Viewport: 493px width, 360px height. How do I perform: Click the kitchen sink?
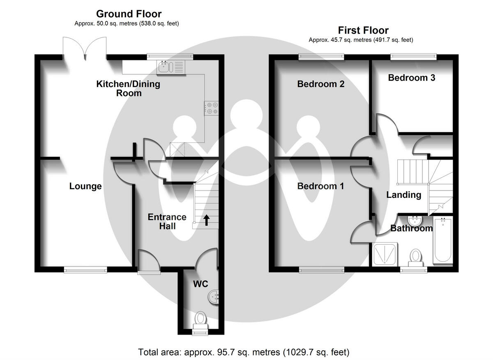pos(171,67)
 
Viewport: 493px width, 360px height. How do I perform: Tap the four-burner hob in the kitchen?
pos(211,108)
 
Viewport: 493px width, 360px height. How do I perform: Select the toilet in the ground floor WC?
pos(200,321)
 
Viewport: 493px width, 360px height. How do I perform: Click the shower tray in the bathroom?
pos(385,254)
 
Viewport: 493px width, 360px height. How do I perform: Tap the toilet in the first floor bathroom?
pos(415,258)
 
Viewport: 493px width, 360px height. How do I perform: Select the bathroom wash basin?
pos(415,220)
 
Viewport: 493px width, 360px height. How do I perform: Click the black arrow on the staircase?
pos(206,220)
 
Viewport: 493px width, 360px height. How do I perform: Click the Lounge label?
pos(85,186)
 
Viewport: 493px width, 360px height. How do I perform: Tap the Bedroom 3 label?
pos(412,78)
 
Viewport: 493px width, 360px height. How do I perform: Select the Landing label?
pos(404,195)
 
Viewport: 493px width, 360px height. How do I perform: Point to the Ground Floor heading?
pos(129,14)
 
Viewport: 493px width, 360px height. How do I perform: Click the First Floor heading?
pos(363,30)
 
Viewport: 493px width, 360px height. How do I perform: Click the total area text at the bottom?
pos(244,352)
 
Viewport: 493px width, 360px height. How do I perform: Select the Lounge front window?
pos(85,270)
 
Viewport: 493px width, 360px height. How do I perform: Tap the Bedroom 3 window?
pos(413,57)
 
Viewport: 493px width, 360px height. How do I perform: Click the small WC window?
pos(200,332)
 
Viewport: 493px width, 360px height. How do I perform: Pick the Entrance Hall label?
pos(167,221)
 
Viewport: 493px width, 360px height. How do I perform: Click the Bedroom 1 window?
pos(321,270)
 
